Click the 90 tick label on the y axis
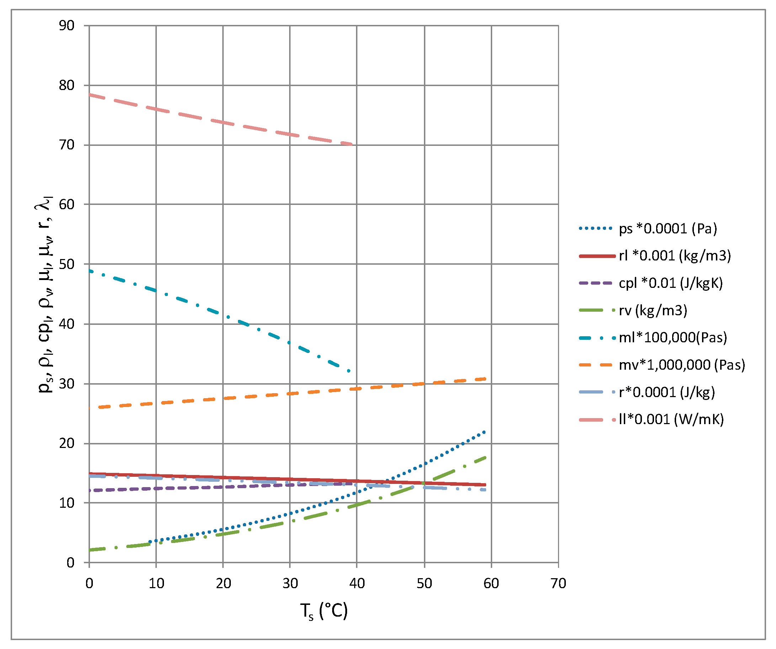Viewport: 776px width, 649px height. (67, 26)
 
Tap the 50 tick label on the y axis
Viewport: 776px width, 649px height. (67, 264)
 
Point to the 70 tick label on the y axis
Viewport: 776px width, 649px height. (67, 145)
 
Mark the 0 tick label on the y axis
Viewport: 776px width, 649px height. (70, 563)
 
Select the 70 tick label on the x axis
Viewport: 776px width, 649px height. (558, 584)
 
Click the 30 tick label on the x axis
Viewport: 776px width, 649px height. (290, 584)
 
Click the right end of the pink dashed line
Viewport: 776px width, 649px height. (352, 144)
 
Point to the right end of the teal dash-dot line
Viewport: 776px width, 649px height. (349, 370)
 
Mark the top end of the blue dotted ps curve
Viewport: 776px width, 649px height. (484, 432)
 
